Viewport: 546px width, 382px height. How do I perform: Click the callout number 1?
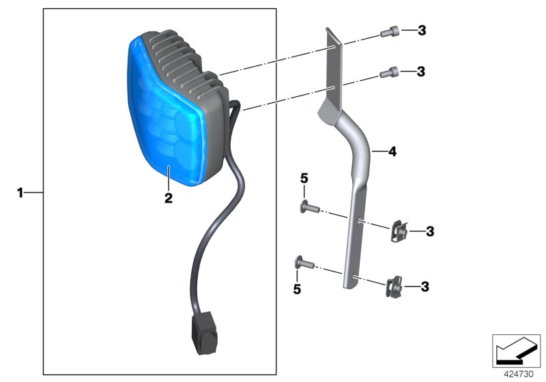point(20,194)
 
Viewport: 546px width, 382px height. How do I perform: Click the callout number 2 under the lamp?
point(168,199)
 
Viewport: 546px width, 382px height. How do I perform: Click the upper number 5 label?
point(304,179)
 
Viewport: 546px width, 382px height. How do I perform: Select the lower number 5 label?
point(297,289)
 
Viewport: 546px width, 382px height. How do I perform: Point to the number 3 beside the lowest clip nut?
point(425,287)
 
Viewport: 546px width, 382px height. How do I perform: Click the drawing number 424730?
point(520,374)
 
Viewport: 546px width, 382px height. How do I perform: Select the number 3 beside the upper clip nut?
point(429,232)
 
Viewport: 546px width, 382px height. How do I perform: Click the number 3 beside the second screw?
point(421,71)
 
